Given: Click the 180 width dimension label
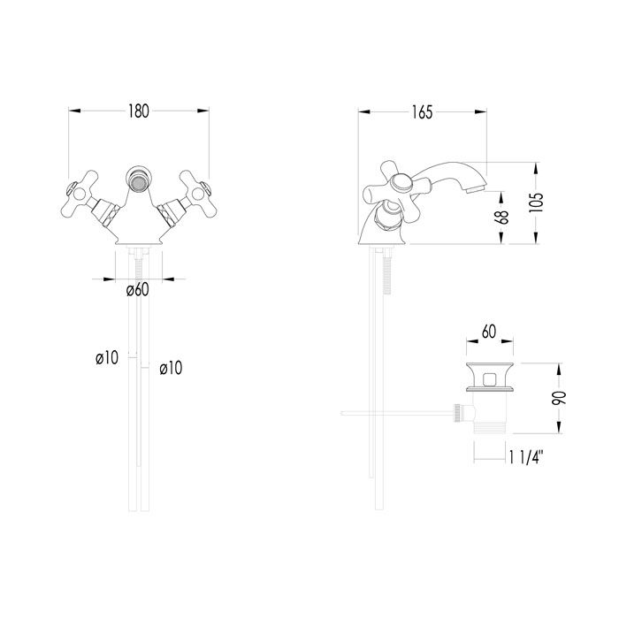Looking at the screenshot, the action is point(139,111).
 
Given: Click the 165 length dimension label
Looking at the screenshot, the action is point(422,112).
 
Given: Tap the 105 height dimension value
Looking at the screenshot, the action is point(536,203).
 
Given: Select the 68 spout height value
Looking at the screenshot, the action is point(501,218).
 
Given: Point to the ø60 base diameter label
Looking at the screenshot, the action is point(138,290).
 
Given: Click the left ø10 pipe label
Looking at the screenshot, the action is point(107,358).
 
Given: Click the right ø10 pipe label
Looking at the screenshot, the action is point(171,368).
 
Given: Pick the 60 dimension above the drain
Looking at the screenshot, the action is point(489,332).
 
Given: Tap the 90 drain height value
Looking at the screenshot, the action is point(559,398).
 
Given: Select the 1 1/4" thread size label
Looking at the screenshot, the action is point(527,457).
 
